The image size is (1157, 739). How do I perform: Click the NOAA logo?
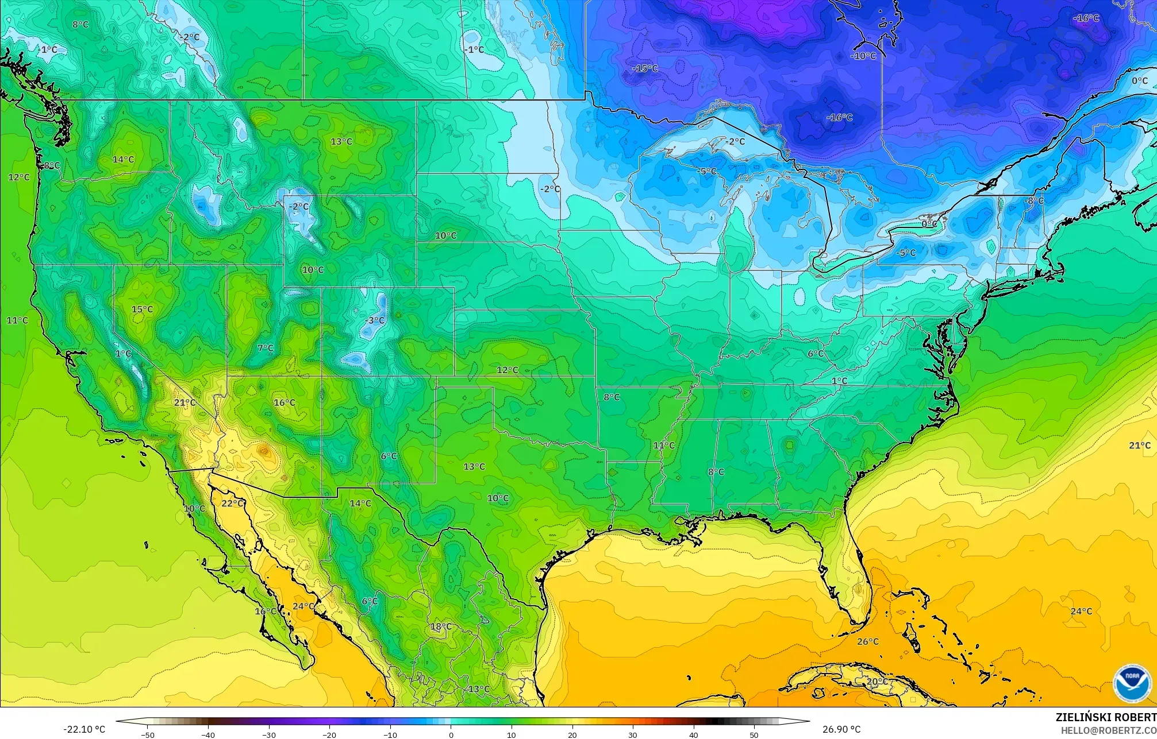(x=1132, y=684)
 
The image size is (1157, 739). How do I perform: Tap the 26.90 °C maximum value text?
(x=841, y=729)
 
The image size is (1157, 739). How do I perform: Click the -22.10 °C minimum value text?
(x=84, y=729)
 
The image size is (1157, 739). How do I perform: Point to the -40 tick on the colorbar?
(x=208, y=734)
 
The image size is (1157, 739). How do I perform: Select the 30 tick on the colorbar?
(x=633, y=734)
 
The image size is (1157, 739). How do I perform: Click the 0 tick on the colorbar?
(x=451, y=734)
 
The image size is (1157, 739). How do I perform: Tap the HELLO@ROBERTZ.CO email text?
(x=1108, y=730)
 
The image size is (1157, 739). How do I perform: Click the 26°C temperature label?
(x=867, y=641)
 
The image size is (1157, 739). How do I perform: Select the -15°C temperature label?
(x=645, y=68)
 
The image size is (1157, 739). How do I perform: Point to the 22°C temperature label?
(x=232, y=503)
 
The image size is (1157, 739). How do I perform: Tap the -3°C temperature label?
(x=375, y=320)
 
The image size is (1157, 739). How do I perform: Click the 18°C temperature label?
(x=441, y=626)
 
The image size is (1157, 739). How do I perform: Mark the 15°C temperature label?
(x=142, y=309)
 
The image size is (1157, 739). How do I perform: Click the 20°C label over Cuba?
(x=877, y=682)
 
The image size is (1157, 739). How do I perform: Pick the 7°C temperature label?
(x=266, y=348)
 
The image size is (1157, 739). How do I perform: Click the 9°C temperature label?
(x=52, y=165)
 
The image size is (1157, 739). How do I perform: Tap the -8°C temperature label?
(x=1033, y=200)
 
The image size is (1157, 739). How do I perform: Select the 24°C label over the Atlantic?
(x=1081, y=611)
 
